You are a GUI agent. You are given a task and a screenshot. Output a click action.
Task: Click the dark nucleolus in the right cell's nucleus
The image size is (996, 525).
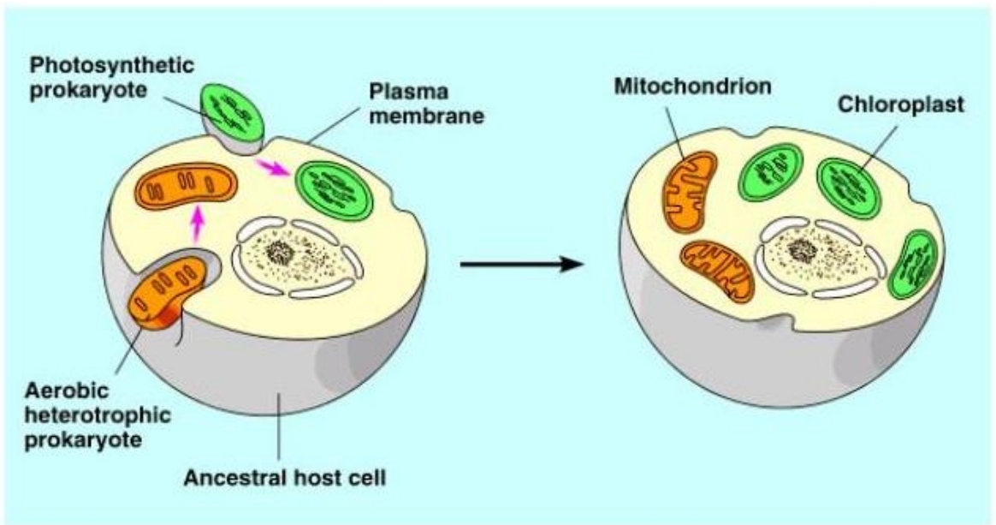(802, 250)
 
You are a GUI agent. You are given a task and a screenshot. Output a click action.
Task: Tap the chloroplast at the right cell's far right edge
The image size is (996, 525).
(913, 263)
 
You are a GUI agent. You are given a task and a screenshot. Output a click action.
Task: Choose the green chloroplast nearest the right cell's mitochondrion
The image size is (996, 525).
(770, 176)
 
